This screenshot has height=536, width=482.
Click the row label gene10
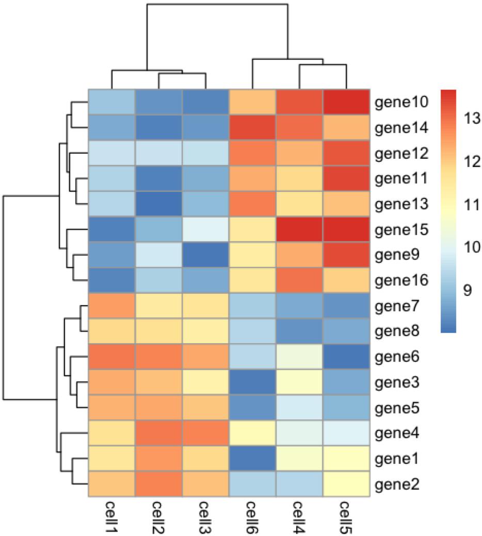point(398,103)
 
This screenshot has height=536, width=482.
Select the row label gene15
point(398,230)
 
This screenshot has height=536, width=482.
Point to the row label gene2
point(396,484)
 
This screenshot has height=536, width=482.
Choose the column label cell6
point(252,518)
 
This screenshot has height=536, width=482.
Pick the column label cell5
point(347,518)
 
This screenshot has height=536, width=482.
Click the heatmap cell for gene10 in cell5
point(347,102)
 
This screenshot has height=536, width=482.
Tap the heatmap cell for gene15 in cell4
point(299,229)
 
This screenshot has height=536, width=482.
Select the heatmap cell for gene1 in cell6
point(252,459)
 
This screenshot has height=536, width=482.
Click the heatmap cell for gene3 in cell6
point(252,382)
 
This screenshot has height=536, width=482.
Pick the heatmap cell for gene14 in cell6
point(252,127)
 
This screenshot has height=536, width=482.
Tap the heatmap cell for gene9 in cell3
point(205,255)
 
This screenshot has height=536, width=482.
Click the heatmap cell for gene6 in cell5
point(347,357)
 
